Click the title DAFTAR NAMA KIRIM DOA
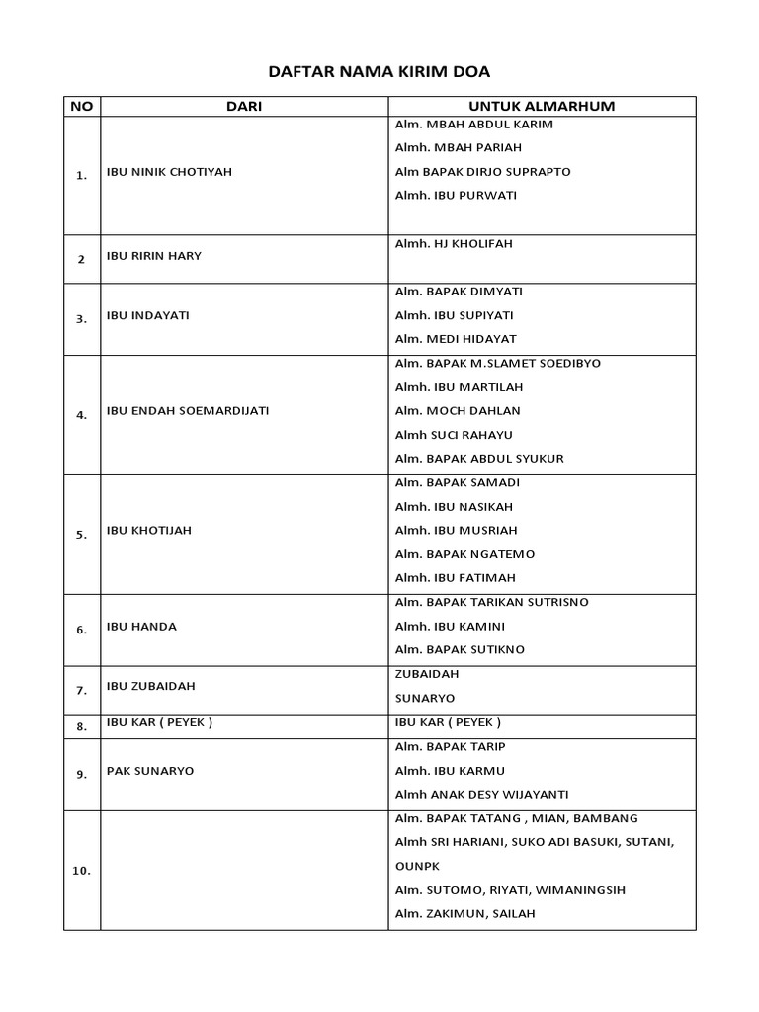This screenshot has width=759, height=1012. (x=379, y=72)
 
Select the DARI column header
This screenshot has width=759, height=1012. (x=244, y=106)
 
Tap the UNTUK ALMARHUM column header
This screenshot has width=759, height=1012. (x=542, y=106)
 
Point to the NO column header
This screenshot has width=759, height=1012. (x=81, y=106)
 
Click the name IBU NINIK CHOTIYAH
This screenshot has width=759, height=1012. (x=169, y=172)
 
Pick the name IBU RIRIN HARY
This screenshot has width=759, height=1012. (x=153, y=256)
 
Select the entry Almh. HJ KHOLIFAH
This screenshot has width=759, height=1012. (x=454, y=243)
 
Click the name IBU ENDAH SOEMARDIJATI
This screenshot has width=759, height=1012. (x=188, y=411)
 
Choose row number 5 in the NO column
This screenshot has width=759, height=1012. (x=81, y=535)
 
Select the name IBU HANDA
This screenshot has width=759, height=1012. (x=141, y=627)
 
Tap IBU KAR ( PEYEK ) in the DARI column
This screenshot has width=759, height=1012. (x=159, y=722)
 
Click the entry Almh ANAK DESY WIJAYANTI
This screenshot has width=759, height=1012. (x=481, y=795)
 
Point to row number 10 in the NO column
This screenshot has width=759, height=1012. (x=81, y=872)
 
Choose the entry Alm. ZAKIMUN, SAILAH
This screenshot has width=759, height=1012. (x=464, y=914)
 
